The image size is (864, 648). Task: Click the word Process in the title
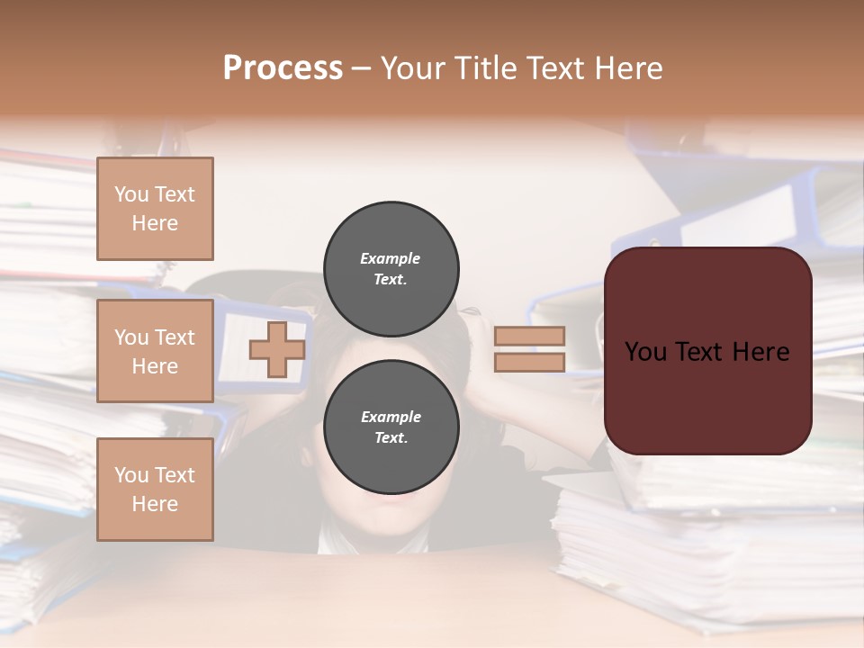click(x=283, y=68)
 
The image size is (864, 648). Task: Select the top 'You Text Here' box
click(x=155, y=209)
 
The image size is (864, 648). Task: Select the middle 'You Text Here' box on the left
click(x=155, y=351)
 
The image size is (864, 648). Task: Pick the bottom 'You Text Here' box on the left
click(x=155, y=490)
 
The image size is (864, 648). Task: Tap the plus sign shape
click(x=277, y=349)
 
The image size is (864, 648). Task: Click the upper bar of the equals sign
click(x=529, y=336)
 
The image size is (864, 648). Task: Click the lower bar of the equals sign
click(x=529, y=362)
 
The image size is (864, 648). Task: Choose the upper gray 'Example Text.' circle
click(x=391, y=268)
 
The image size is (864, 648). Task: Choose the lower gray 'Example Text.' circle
click(x=391, y=427)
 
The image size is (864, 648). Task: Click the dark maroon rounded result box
click(x=707, y=396)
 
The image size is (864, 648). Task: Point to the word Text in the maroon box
click(x=709, y=352)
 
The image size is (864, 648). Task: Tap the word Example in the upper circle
click(x=391, y=258)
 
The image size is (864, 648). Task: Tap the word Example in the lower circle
click(x=391, y=417)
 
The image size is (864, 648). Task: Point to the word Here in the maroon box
click(x=760, y=352)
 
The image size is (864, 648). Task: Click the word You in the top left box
click(x=131, y=194)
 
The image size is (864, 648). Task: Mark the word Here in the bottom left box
click(x=155, y=504)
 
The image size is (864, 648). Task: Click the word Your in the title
click(x=413, y=68)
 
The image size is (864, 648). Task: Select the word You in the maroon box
click(x=645, y=352)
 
